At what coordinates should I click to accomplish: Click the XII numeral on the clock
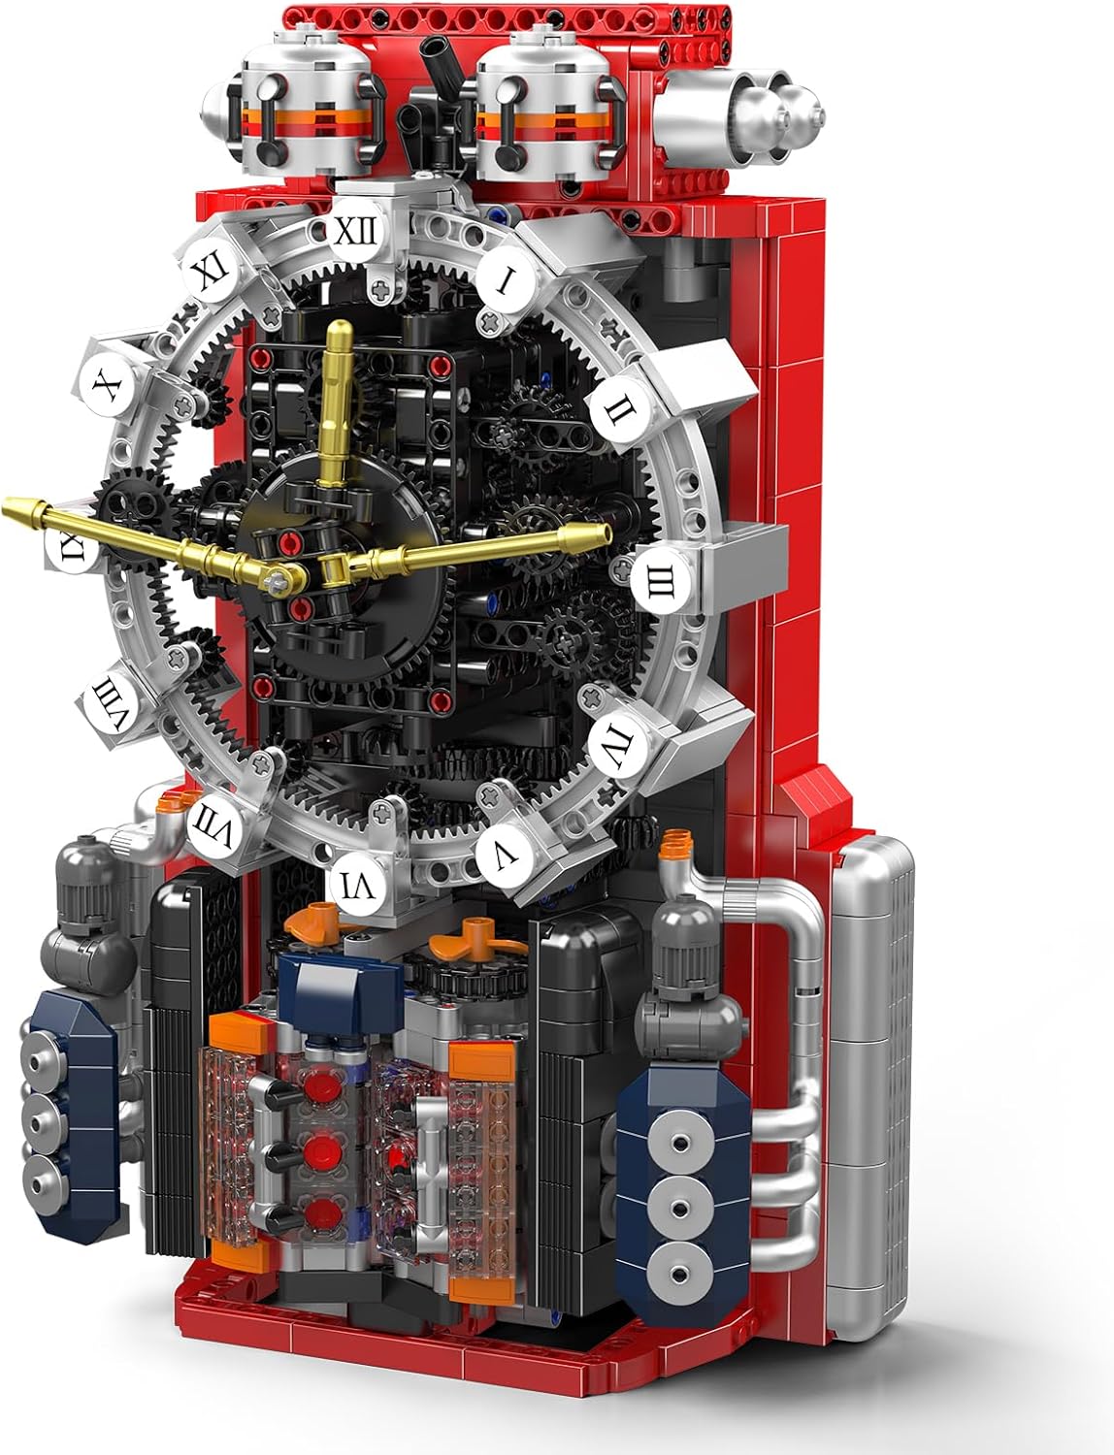click(356, 233)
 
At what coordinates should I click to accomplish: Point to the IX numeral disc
click(72, 545)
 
